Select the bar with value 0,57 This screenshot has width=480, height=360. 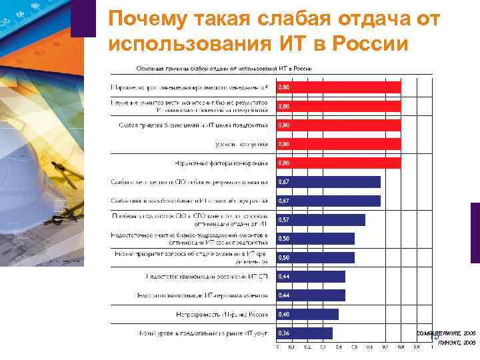[321, 220]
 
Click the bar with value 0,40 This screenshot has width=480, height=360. [307, 314]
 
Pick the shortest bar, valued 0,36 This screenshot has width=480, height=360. [304, 333]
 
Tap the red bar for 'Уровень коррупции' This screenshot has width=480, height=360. [339, 144]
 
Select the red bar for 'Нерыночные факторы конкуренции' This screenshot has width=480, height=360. [339, 163]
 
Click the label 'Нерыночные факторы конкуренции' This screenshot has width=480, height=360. [227, 163]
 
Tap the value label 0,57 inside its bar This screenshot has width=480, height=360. [283, 220]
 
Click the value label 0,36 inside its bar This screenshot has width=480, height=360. [283, 333]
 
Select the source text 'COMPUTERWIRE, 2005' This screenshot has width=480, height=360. [446, 331]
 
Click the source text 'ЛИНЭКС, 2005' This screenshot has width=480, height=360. [457, 343]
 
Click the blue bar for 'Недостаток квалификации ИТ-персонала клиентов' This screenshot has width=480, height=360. [311, 295]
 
